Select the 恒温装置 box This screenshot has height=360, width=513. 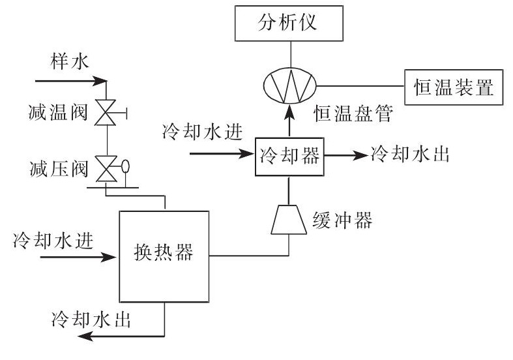pos(454,85)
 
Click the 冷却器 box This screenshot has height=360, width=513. pos(289,156)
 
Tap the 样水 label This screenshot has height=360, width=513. pos(68,62)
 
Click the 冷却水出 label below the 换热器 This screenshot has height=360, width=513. pos(92,319)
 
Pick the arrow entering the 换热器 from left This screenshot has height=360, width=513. pos(78,258)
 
